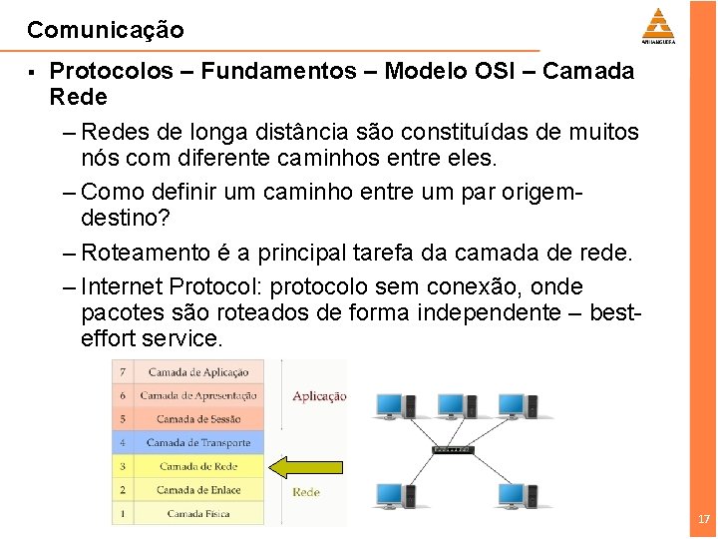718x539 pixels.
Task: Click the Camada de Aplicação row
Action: [x=198, y=372]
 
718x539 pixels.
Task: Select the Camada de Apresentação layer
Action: [x=198, y=395]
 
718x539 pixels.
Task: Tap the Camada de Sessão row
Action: [x=198, y=419]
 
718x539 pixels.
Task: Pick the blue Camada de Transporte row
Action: [x=198, y=442]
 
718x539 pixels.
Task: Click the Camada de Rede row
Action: [x=198, y=466]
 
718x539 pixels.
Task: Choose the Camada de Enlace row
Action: [x=198, y=490]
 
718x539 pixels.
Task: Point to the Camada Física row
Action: [x=198, y=513]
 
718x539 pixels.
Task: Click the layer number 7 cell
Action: [x=123, y=372]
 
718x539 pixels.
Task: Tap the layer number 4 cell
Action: [x=123, y=442]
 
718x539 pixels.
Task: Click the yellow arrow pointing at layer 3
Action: [x=308, y=466]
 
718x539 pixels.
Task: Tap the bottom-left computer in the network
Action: [x=389, y=495]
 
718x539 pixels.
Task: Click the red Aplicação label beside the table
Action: [x=319, y=396]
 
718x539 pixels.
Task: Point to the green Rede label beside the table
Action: [x=306, y=492]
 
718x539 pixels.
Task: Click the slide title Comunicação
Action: [x=106, y=30]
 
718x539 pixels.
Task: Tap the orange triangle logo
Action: [x=657, y=24]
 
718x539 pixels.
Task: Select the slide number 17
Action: [x=704, y=519]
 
